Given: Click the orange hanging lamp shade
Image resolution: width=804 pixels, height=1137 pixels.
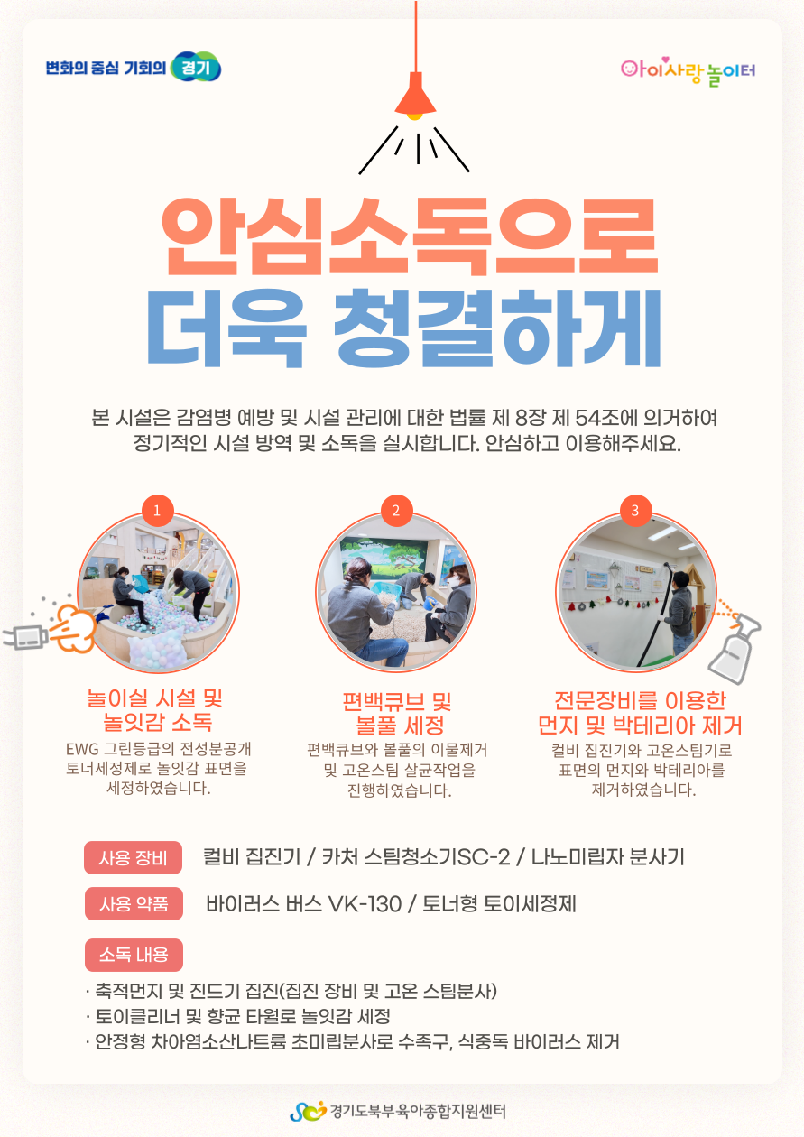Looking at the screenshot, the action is tap(415, 94).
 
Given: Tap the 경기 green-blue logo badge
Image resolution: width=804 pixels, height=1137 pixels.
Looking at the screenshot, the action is tap(196, 67).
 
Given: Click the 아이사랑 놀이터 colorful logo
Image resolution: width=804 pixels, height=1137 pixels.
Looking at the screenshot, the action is tap(688, 71).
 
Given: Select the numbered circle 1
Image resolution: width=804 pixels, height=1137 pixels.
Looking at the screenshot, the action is tap(157, 510).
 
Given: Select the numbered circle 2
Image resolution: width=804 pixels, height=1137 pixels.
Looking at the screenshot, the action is tap(396, 510).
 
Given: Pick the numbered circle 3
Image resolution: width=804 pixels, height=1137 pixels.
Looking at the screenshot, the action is tap(635, 510).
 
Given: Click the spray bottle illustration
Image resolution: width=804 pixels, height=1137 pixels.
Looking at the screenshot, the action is tap(734, 644).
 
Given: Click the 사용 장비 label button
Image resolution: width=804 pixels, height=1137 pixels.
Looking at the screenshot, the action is tap(133, 858).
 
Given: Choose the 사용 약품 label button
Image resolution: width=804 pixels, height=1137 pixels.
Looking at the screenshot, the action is tap(134, 904).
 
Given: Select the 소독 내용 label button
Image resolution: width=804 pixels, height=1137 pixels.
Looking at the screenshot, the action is tap(134, 955).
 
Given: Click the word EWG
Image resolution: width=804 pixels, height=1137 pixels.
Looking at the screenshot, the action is tap(82, 749).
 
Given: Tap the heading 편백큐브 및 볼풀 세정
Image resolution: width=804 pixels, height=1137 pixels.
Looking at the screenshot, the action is tap(397, 713).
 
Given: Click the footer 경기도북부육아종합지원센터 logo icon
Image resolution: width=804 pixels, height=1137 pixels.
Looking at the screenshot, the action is tap(308, 1111).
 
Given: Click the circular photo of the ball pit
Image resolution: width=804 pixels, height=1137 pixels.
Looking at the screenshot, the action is tap(158, 592).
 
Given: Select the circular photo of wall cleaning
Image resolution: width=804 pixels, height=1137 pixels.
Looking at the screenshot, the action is tap(636, 592).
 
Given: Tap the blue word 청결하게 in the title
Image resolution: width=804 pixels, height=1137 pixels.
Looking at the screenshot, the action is tap(497, 328).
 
